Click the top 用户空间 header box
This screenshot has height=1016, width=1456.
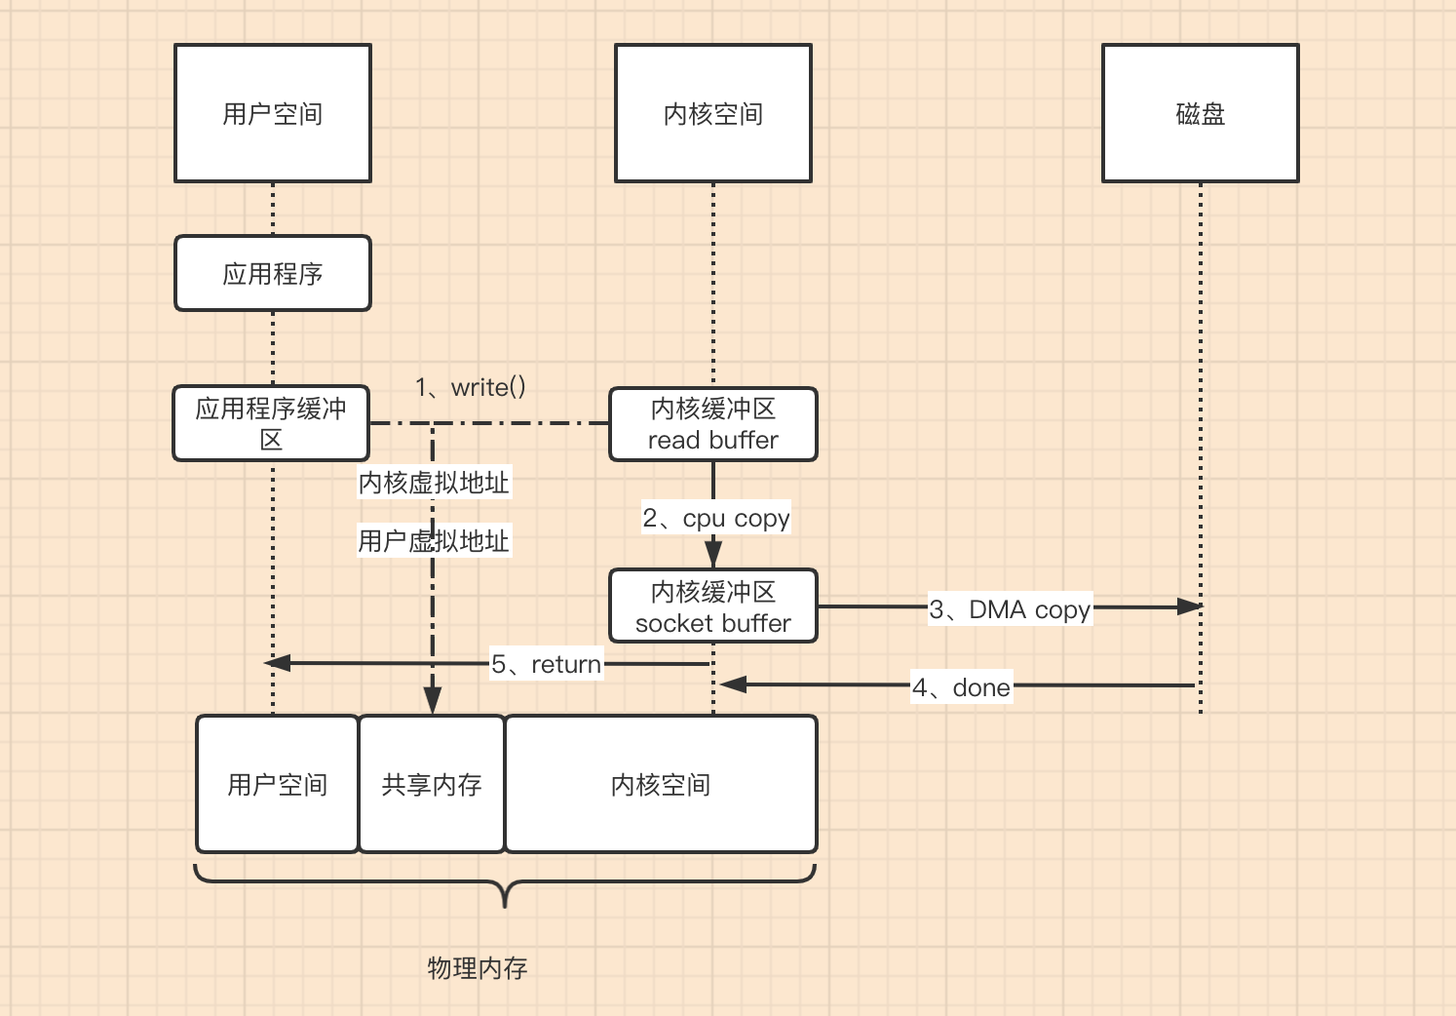[x=273, y=113]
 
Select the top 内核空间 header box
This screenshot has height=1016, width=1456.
[x=713, y=113]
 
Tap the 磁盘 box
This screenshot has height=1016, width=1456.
[x=1201, y=113]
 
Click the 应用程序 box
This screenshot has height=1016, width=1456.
[x=273, y=273]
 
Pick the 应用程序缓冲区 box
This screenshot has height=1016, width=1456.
[x=271, y=423]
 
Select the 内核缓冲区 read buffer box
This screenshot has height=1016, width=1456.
[x=713, y=424]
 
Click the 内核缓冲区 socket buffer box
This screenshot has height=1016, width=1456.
[x=713, y=606]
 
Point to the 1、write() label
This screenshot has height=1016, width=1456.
[x=471, y=387]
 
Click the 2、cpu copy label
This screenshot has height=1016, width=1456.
[x=716, y=518]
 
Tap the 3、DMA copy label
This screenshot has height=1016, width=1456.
[x=1010, y=609]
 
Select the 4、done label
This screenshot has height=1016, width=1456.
[x=962, y=687]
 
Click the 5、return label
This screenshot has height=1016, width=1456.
[x=547, y=664]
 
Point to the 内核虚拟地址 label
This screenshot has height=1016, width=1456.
[x=435, y=482]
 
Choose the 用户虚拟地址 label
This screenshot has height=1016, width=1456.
[x=435, y=540]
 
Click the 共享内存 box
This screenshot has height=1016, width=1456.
[x=432, y=784]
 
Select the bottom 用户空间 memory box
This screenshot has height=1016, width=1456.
[x=278, y=784]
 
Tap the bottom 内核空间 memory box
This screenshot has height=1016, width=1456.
[x=661, y=784]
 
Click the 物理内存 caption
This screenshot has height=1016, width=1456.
[x=478, y=967]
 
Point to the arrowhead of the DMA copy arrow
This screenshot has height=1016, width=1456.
[x=1190, y=606]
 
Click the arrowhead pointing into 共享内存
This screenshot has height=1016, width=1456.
[x=433, y=701]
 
